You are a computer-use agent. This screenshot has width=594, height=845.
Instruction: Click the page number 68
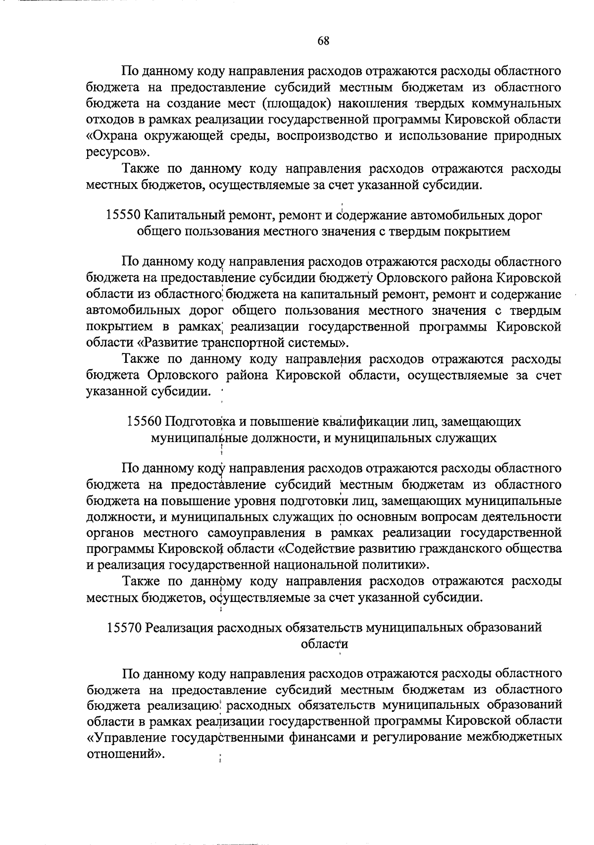click(323, 41)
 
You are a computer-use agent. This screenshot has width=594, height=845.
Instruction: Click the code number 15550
click(124, 215)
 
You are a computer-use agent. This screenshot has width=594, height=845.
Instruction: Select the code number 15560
click(144, 421)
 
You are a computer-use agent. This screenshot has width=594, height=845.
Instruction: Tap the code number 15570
click(124, 628)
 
